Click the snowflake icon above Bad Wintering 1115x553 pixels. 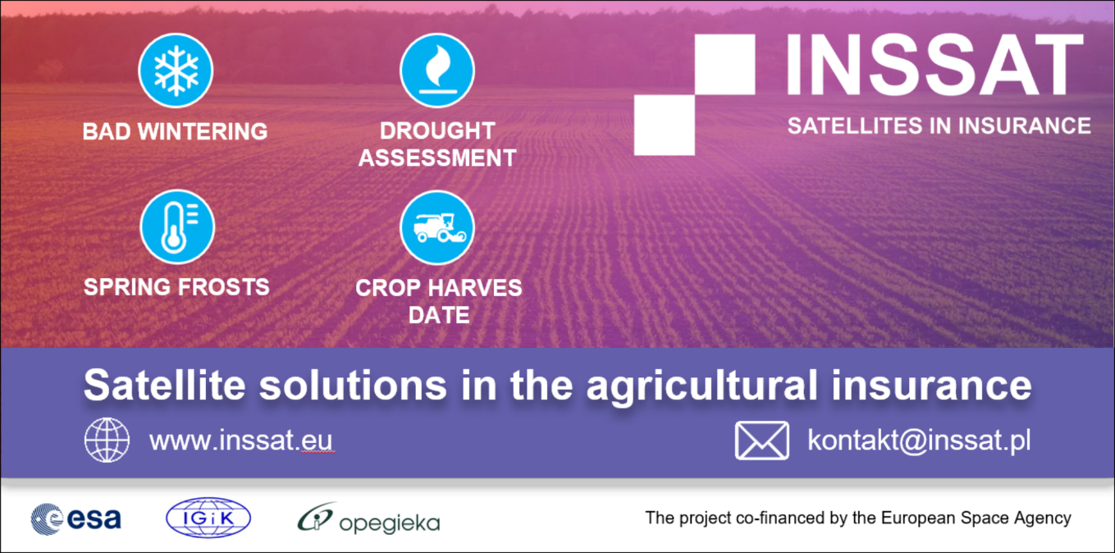(176, 71)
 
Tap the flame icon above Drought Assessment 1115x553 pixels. (437, 71)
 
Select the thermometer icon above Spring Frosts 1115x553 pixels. (177, 227)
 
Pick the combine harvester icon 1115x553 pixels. (437, 227)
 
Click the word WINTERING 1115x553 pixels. (203, 131)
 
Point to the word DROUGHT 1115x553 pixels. (437, 131)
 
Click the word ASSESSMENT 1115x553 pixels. (437, 158)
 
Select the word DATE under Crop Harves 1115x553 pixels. (438, 315)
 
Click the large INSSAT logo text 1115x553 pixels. (934, 64)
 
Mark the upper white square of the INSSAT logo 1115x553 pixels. (724, 64)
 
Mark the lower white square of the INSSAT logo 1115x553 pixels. (665, 126)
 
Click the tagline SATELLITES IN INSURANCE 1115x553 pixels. (939, 126)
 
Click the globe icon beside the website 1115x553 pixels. (107, 441)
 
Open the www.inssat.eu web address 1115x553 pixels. (241, 441)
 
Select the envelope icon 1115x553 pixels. (762, 441)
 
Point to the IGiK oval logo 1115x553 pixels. (208, 518)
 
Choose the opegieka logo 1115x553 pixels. (369, 519)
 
